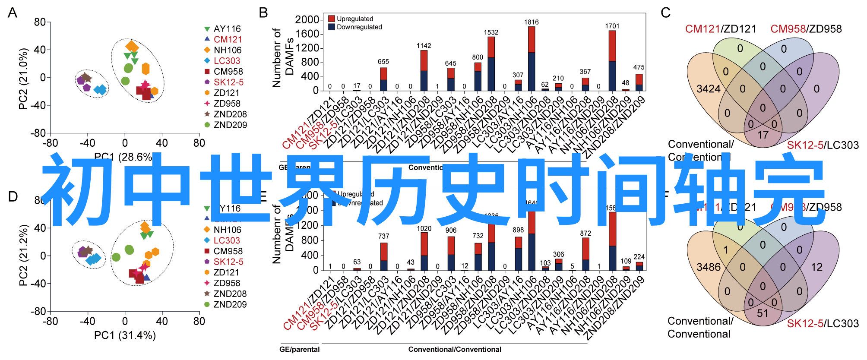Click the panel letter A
pos(13,13)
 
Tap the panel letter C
pos(665,13)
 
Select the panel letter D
pos(13,197)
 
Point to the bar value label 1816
pos(532,22)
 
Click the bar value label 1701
pos(612,26)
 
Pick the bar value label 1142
pos(424,46)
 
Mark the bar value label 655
pos(383,62)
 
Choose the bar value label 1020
pos(424,229)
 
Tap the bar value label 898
pos(518,230)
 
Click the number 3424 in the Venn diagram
pos(709,89)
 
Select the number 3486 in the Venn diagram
pos(709,267)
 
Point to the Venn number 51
pos(763,313)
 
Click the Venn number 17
pos(763,135)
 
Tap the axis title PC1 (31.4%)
pos(125,335)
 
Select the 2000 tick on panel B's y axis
pos(307,20)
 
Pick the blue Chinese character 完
pos(790,190)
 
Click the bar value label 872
pos(585,234)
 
